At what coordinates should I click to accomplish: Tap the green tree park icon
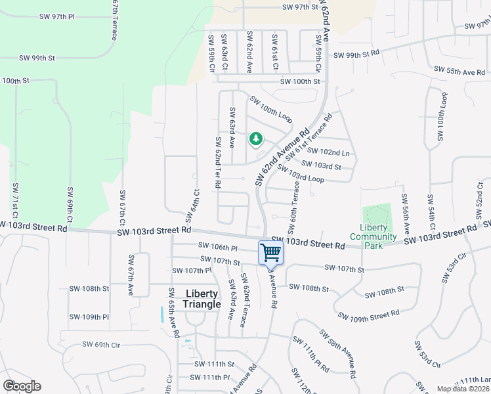tap(255, 139)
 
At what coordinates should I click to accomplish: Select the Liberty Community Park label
tap(374, 236)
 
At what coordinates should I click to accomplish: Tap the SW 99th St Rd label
tap(356, 55)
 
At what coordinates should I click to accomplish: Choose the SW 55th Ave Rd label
tap(459, 71)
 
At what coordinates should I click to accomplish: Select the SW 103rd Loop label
tap(301, 173)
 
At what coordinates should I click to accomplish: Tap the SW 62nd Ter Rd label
tap(217, 162)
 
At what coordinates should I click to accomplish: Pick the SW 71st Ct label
tap(14, 202)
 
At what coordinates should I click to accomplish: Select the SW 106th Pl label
tap(217, 248)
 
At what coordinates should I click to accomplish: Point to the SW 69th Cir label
tap(102, 344)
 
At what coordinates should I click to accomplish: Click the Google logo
tap(22, 386)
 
